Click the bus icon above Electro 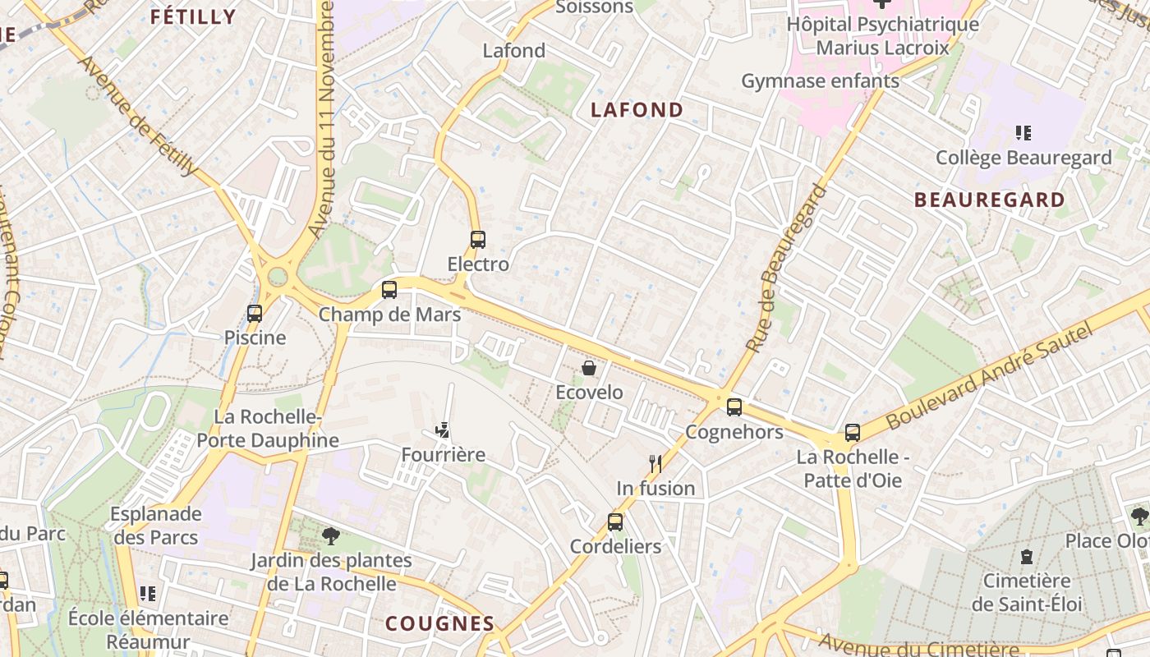(478, 240)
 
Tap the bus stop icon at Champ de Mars (389, 290)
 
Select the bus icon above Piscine (255, 313)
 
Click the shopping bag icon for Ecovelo (589, 368)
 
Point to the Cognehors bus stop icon (734, 407)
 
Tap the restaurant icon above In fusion (655, 463)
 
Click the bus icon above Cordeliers (615, 521)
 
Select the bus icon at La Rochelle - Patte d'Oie (853, 432)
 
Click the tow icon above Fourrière (443, 430)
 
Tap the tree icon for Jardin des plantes (331, 536)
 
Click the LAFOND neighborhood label (637, 110)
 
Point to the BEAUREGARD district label (989, 200)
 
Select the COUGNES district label (440, 623)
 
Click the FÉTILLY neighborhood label (193, 17)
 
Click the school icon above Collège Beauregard (1023, 132)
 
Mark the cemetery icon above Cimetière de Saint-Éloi (1027, 557)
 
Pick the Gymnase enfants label (821, 81)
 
